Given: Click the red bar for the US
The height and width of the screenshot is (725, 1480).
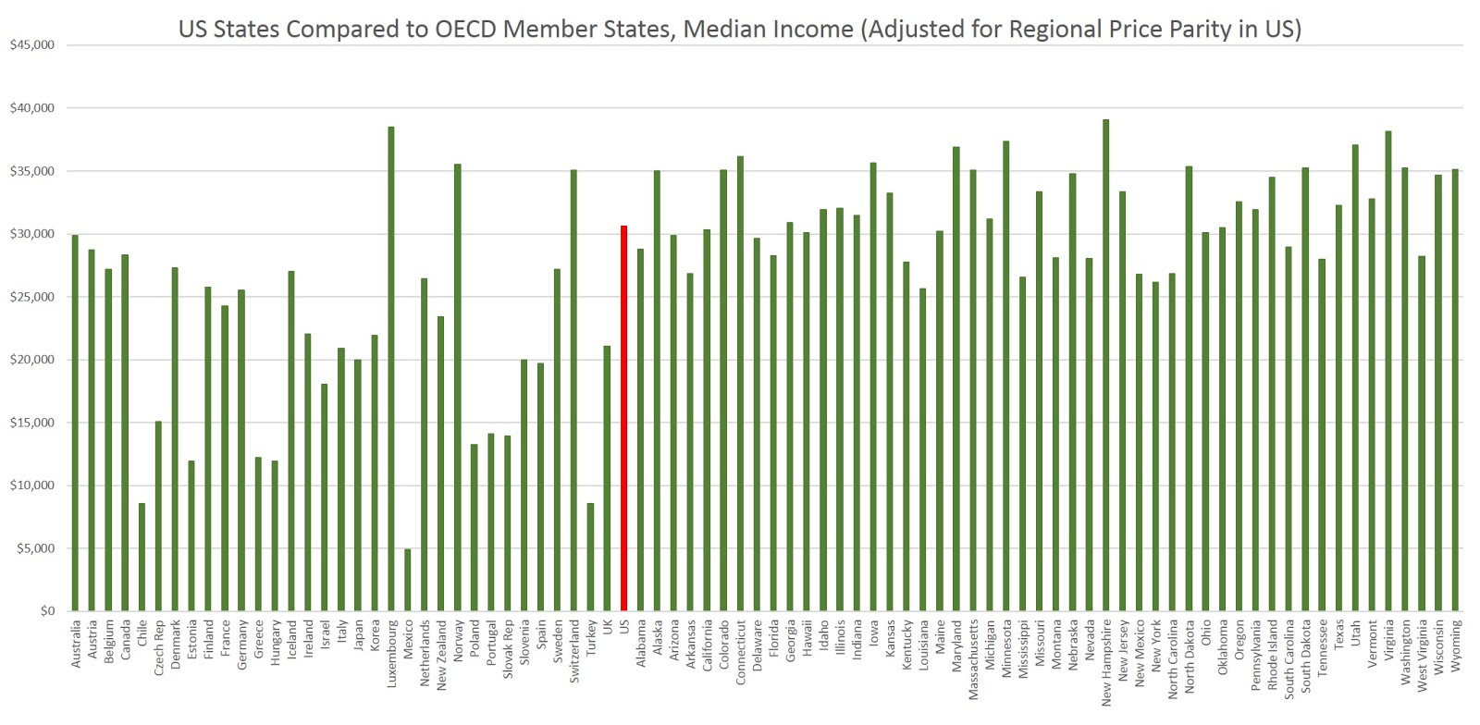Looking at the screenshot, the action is pos(623,418).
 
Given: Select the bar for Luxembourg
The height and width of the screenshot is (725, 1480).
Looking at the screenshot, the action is pos(391,368).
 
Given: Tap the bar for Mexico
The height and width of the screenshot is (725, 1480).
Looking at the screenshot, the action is pos(408,580).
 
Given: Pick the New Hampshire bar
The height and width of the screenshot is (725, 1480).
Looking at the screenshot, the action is pos(1106,365).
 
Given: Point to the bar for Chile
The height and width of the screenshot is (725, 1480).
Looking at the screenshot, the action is pos(142,557).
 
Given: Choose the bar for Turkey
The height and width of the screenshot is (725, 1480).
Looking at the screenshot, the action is pos(591,557).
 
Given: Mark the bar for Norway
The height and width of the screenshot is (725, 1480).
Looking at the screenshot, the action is pos(457,387).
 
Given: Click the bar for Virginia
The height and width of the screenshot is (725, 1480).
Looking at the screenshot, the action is pos(1388,371).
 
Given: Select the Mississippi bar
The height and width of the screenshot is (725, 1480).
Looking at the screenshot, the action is pos(1023,444).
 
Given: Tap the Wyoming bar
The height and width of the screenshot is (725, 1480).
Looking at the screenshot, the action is pos(1455,389).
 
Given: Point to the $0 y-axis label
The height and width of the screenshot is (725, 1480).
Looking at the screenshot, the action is pos(47,610).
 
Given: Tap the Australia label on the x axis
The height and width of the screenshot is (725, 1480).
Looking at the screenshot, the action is pos(75,643).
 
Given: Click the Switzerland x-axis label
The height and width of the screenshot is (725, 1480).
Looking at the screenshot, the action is pos(574,651).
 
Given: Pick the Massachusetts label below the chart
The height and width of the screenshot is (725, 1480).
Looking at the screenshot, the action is pos(973,659).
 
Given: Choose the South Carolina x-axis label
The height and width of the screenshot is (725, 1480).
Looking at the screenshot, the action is pos(1289,659).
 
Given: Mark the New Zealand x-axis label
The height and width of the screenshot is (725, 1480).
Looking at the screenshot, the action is pos(440,655).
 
